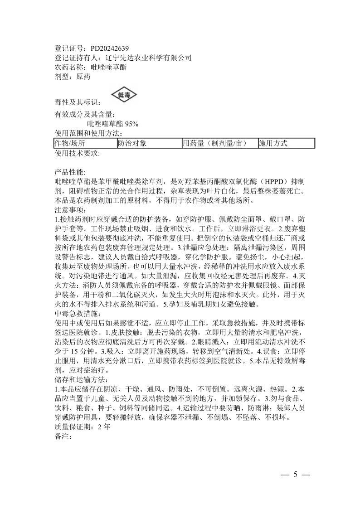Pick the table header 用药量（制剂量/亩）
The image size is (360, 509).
pos(214,143)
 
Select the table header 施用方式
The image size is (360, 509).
pos(273,143)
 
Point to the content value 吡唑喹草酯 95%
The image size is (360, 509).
pos(113,123)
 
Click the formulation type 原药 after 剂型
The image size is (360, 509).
pos(84,77)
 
